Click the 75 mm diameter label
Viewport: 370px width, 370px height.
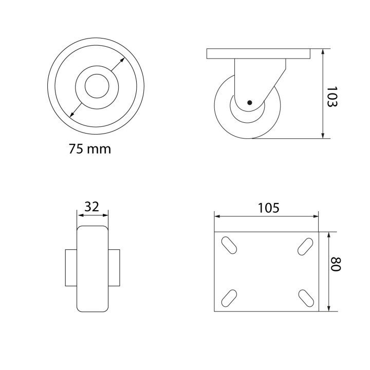[90, 149]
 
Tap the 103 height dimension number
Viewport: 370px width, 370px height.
[332, 97]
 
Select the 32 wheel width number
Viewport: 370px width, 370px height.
[92, 207]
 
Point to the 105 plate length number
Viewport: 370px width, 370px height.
[269, 208]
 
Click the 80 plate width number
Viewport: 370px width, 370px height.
[335, 264]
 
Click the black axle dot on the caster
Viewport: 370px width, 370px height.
[250, 102]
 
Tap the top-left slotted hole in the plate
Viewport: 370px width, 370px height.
[229, 245]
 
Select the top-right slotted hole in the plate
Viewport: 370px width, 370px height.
[305, 247]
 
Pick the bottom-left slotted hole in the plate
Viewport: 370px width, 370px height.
[229, 298]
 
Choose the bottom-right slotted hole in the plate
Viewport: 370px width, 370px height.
[306, 298]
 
